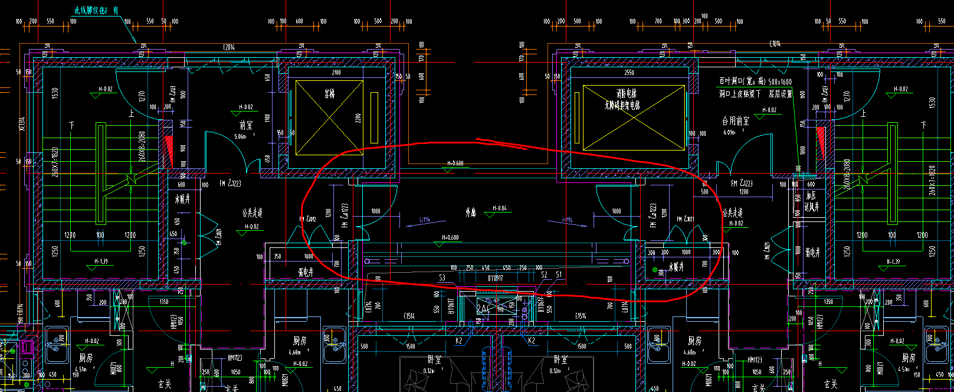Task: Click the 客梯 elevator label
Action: (x=330, y=94)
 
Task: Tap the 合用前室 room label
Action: (x=735, y=121)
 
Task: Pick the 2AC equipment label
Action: (x=484, y=309)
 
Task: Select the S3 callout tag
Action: (x=442, y=277)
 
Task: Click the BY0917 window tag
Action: (x=496, y=277)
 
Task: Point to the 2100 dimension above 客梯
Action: (x=336, y=73)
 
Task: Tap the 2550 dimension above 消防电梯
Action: (x=628, y=73)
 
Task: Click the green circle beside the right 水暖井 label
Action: (x=655, y=270)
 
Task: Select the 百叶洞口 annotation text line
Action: (x=755, y=82)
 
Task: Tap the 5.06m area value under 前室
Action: (x=240, y=136)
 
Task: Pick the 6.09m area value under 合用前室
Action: (x=730, y=133)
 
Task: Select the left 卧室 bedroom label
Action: (x=435, y=360)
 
